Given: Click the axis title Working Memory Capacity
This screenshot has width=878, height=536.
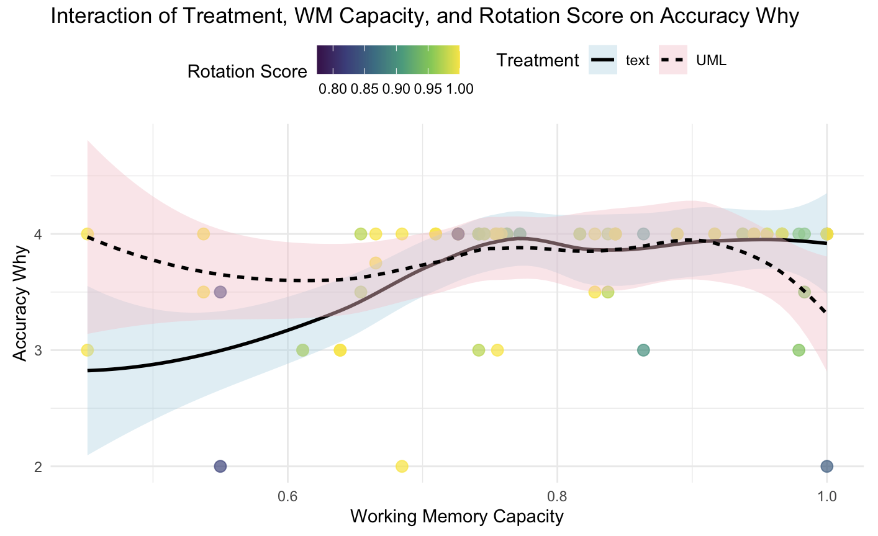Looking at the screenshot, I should coord(457,517).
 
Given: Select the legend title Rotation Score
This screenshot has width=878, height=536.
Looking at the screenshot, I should coord(247,72).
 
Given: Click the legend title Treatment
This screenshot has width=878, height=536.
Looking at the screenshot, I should coord(537,61).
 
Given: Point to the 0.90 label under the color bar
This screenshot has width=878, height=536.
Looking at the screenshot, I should coord(396,89).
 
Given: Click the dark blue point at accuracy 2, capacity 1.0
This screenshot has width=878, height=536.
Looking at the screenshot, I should coord(826,466).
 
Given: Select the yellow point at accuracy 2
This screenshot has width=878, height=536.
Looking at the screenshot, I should coord(402,466).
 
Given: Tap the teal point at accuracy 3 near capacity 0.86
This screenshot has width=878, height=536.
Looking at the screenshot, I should coord(643,350).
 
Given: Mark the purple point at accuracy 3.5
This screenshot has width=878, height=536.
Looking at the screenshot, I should coord(220,292).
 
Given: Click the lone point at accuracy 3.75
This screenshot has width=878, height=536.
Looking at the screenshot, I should coord(375,262).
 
